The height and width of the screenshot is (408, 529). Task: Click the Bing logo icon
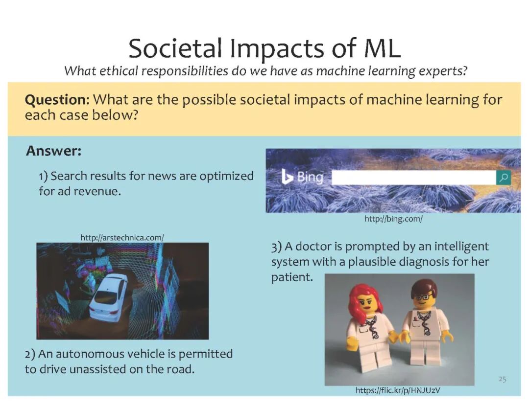[x=287, y=177]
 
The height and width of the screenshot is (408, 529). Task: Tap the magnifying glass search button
[x=504, y=177]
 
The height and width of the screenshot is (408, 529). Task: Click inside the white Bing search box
[x=413, y=178]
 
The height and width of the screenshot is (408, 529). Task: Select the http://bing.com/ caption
[x=393, y=219]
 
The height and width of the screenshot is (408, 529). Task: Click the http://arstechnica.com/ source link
[x=122, y=238]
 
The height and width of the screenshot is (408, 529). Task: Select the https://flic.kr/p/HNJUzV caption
[x=398, y=390]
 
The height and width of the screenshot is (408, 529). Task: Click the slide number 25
[x=503, y=379]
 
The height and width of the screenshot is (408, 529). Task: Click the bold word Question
[x=56, y=100]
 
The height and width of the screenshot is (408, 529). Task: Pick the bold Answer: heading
[x=54, y=151]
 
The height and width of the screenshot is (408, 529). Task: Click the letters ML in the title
[x=382, y=48]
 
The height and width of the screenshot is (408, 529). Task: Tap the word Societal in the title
[x=175, y=48]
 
